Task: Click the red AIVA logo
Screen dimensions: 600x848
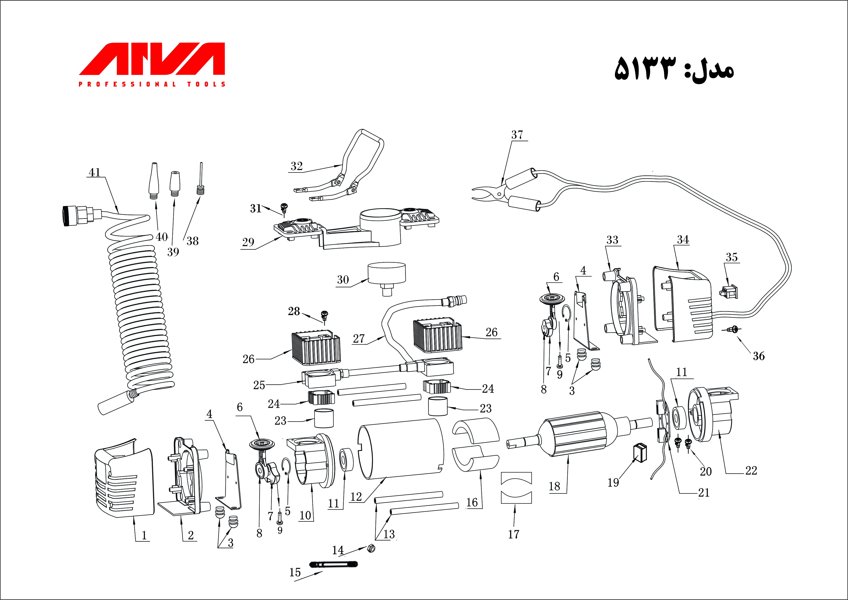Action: (x=151, y=59)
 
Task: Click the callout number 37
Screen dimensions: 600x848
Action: (x=517, y=135)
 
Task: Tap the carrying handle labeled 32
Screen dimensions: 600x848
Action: (x=364, y=155)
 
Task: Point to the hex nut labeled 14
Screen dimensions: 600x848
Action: (x=371, y=549)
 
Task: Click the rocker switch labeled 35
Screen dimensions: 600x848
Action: (x=729, y=292)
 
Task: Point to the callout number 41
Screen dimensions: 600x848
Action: (x=94, y=172)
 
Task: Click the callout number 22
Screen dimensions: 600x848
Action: (x=751, y=470)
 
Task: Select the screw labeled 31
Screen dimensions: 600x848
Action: (x=284, y=208)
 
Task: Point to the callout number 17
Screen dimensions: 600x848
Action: (x=513, y=534)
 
